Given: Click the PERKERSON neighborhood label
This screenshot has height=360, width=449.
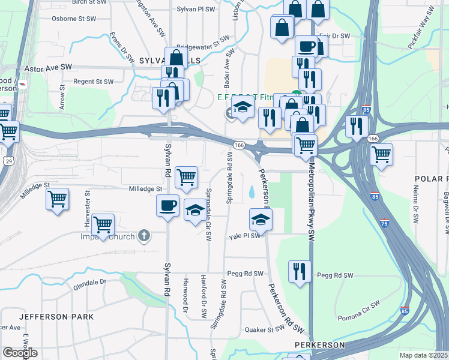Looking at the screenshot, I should pyautogui.click(x=319, y=345).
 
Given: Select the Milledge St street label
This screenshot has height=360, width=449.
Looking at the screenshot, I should pyautogui.click(x=146, y=189).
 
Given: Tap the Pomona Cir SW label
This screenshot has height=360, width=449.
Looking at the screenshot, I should pyautogui.click(x=358, y=305).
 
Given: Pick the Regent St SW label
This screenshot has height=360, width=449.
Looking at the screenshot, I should pyautogui.click(x=93, y=82).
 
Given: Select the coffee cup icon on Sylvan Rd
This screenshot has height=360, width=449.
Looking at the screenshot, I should pyautogui.click(x=167, y=205).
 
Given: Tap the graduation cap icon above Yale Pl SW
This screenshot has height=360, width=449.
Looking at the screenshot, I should pyautogui.click(x=261, y=219).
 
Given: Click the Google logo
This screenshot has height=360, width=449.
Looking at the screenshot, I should pyautogui.click(x=20, y=353).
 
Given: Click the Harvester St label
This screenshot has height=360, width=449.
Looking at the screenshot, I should pyautogui.click(x=88, y=203).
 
